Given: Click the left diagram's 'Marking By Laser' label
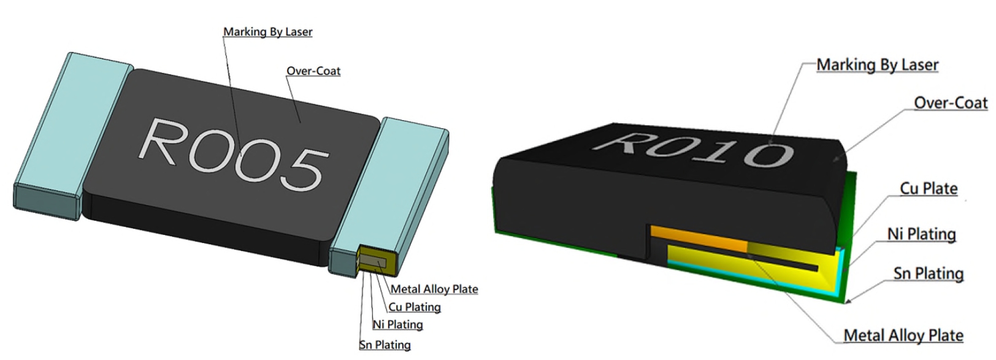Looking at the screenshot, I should pos(267,32).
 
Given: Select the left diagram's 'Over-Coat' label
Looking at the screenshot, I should pos(313,71).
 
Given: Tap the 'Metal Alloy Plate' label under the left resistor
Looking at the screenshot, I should pos(434,289).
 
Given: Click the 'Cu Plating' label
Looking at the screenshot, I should pos(415,307).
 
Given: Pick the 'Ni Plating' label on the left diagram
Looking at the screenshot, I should pos(398,324).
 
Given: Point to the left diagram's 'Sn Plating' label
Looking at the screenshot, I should pos(385,345).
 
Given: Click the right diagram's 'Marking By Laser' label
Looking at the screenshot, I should pos(877,65).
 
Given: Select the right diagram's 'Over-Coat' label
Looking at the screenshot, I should pos(951,103).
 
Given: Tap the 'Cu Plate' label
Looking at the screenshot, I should pos(929,189).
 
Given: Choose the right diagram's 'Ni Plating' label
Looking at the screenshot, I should pos(921,234).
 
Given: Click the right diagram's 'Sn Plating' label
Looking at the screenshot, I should pos(929,274).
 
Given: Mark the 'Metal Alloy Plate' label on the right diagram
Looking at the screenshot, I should pos(903,335).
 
